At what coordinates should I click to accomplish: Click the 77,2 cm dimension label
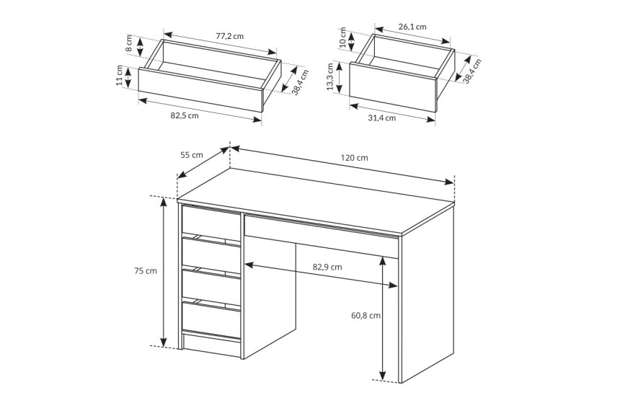click(230, 36)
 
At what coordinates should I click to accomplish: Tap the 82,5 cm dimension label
click(185, 115)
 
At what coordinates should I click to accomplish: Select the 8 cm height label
click(129, 43)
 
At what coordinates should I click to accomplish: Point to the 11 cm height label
click(120, 76)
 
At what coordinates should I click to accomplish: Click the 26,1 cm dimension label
click(412, 27)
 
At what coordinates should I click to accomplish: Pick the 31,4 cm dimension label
click(381, 118)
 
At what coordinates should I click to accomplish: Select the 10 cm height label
click(342, 37)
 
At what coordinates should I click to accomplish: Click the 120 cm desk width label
click(354, 158)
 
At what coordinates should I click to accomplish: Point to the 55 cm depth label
click(192, 155)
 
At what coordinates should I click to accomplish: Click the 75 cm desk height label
click(146, 271)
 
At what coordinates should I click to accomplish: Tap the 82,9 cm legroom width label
click(327, 267)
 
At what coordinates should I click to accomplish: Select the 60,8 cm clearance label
click(366, 315)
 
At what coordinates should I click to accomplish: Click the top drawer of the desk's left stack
click(211, 222)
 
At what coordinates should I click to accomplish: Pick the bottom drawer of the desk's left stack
click(211, 319)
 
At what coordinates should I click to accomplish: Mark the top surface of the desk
click(316, 200)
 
